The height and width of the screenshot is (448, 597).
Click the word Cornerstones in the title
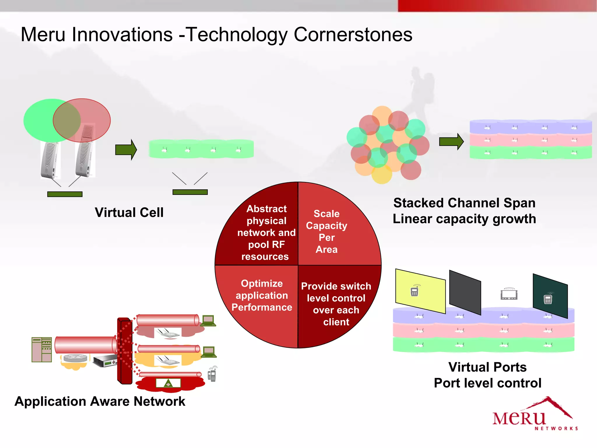(x=353, y=35)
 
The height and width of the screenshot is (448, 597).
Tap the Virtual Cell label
(x=129, y=212)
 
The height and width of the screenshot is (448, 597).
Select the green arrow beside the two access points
(x=126, y=150)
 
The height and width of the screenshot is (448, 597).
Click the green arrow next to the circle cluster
(x=451, y=142)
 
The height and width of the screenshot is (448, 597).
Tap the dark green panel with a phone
(x=550, y=296)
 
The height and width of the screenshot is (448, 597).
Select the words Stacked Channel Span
(x=464, y=203)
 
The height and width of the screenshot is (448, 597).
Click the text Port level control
(x=487, y=383)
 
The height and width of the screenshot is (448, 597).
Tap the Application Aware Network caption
(x=100, y=401)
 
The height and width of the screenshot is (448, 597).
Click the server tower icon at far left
(x=42, y=349)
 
